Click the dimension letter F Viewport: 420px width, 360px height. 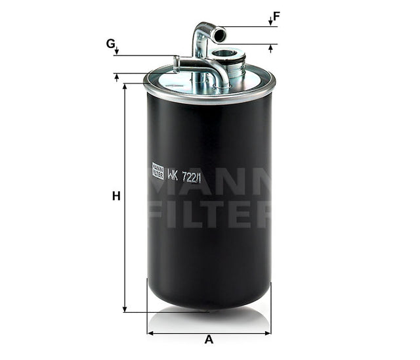tap(276, 16)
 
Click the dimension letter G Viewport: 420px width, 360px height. tap(110, 43)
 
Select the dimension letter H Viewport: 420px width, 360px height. tap(116, 196)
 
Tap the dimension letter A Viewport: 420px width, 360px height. tap(209, 340)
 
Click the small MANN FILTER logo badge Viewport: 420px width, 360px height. tap(157, 171)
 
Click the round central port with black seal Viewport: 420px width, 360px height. tap(224, 53)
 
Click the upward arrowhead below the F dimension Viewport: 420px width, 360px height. tap(270, 48)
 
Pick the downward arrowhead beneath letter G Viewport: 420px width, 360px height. tap(116, 52)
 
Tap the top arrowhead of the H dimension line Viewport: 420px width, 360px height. tap(125, 87)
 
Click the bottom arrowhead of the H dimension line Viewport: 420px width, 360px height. tap(125, 308)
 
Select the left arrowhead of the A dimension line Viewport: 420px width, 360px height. tap(150, 333)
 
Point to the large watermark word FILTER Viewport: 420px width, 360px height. tap(209, 215)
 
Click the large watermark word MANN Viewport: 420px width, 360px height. tap(209, 186)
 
